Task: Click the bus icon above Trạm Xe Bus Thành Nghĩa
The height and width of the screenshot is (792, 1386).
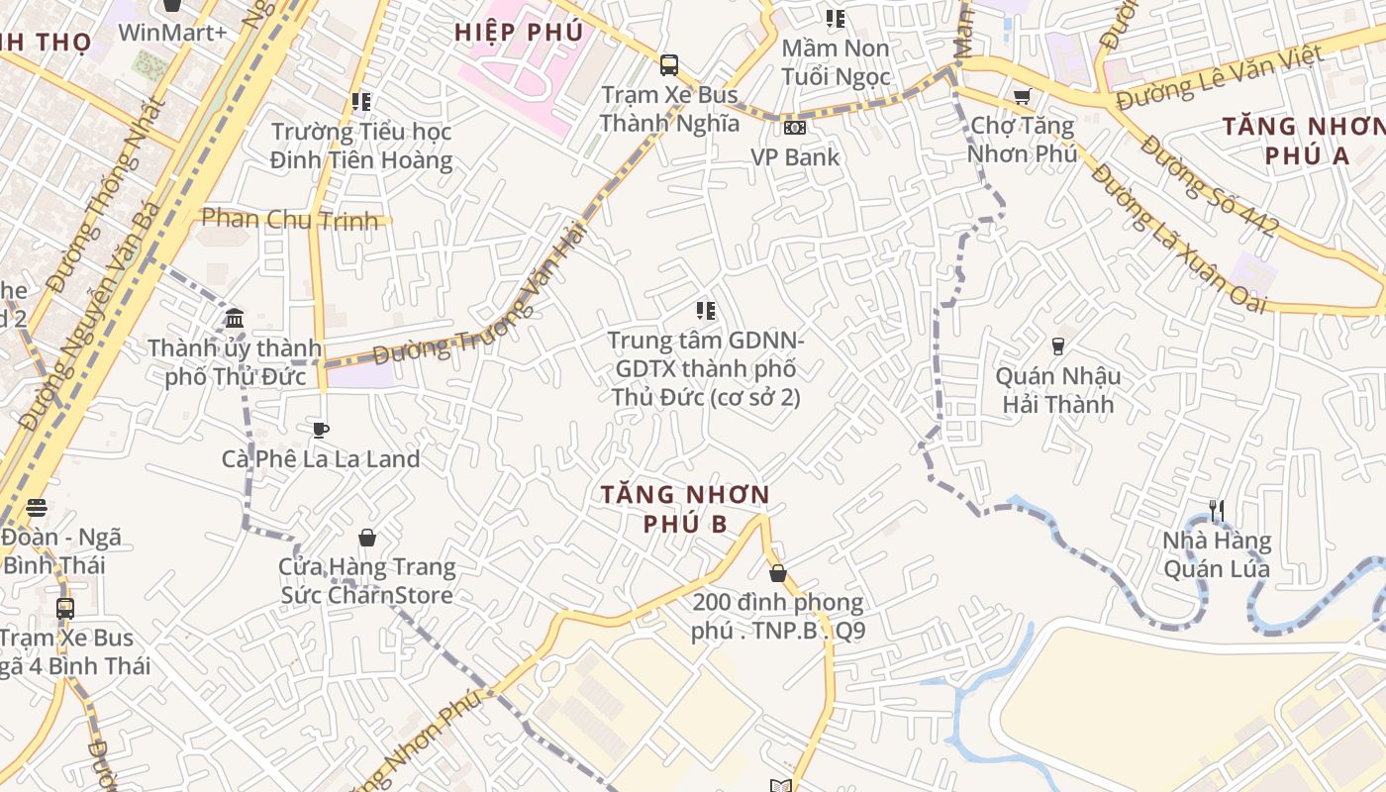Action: [669, 65]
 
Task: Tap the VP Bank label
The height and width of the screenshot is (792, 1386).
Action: [794, 156]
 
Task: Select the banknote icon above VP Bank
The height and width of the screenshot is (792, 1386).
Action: [794, 127]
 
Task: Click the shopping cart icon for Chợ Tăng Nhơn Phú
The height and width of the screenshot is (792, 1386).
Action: [1022, 96]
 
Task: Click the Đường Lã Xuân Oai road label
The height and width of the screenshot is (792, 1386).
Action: [1179, 239]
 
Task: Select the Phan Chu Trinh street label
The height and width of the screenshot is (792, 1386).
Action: [290, 219]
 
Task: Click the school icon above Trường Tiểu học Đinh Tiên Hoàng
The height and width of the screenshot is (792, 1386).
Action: [361, 101]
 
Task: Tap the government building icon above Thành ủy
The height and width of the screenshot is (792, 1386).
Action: [235, 318]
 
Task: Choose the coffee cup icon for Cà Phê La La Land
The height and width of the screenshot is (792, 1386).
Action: [320, 430]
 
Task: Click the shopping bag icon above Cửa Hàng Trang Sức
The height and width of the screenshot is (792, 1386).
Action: [367, 538]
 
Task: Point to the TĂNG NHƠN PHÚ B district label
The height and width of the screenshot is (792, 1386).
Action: [685, 508]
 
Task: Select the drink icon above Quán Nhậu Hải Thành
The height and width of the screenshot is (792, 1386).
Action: [1057, 346]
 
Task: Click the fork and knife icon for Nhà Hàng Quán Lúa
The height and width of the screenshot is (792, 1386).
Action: [1217, 511]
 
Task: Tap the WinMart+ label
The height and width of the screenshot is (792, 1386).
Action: [172, 32]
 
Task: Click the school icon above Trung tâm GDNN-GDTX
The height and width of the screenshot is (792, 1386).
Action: [705, 311]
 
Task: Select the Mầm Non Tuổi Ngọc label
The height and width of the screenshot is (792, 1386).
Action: [836, 61]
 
